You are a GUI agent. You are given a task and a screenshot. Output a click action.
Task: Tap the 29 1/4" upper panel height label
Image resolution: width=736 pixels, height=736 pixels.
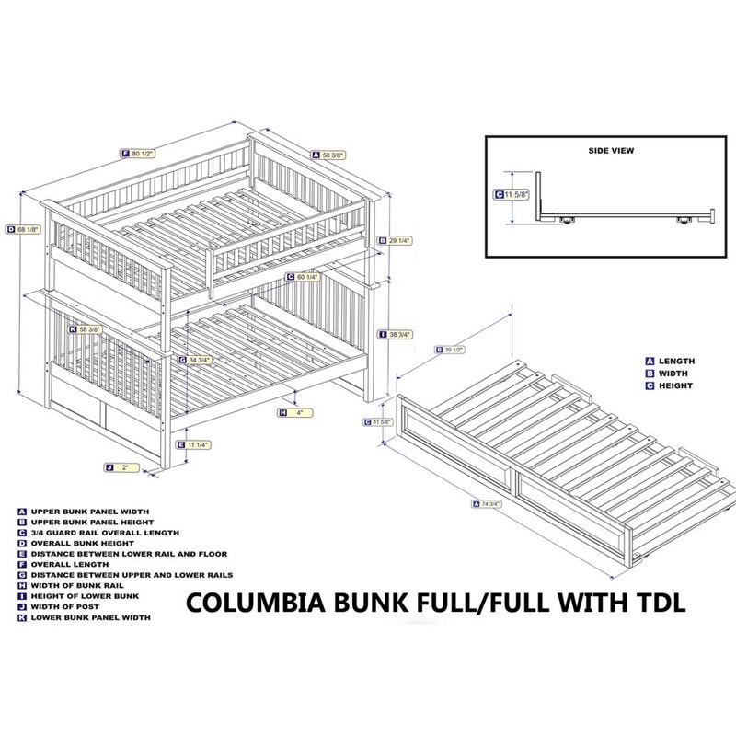(x=397, y=240)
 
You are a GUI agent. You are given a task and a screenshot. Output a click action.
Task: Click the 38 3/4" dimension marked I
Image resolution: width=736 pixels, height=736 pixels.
(x=397, y=335)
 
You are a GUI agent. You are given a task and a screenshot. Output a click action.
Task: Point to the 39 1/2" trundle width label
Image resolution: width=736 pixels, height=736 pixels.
(x=448, y=350)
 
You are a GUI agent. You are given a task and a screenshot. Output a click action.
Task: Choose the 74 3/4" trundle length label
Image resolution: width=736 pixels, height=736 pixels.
(x=487, y=503)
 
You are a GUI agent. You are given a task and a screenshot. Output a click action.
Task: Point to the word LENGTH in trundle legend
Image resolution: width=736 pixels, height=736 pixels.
(x=675, y=362)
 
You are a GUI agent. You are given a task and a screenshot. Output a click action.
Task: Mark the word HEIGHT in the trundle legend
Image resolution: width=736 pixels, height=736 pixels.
(x=675, y=386)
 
